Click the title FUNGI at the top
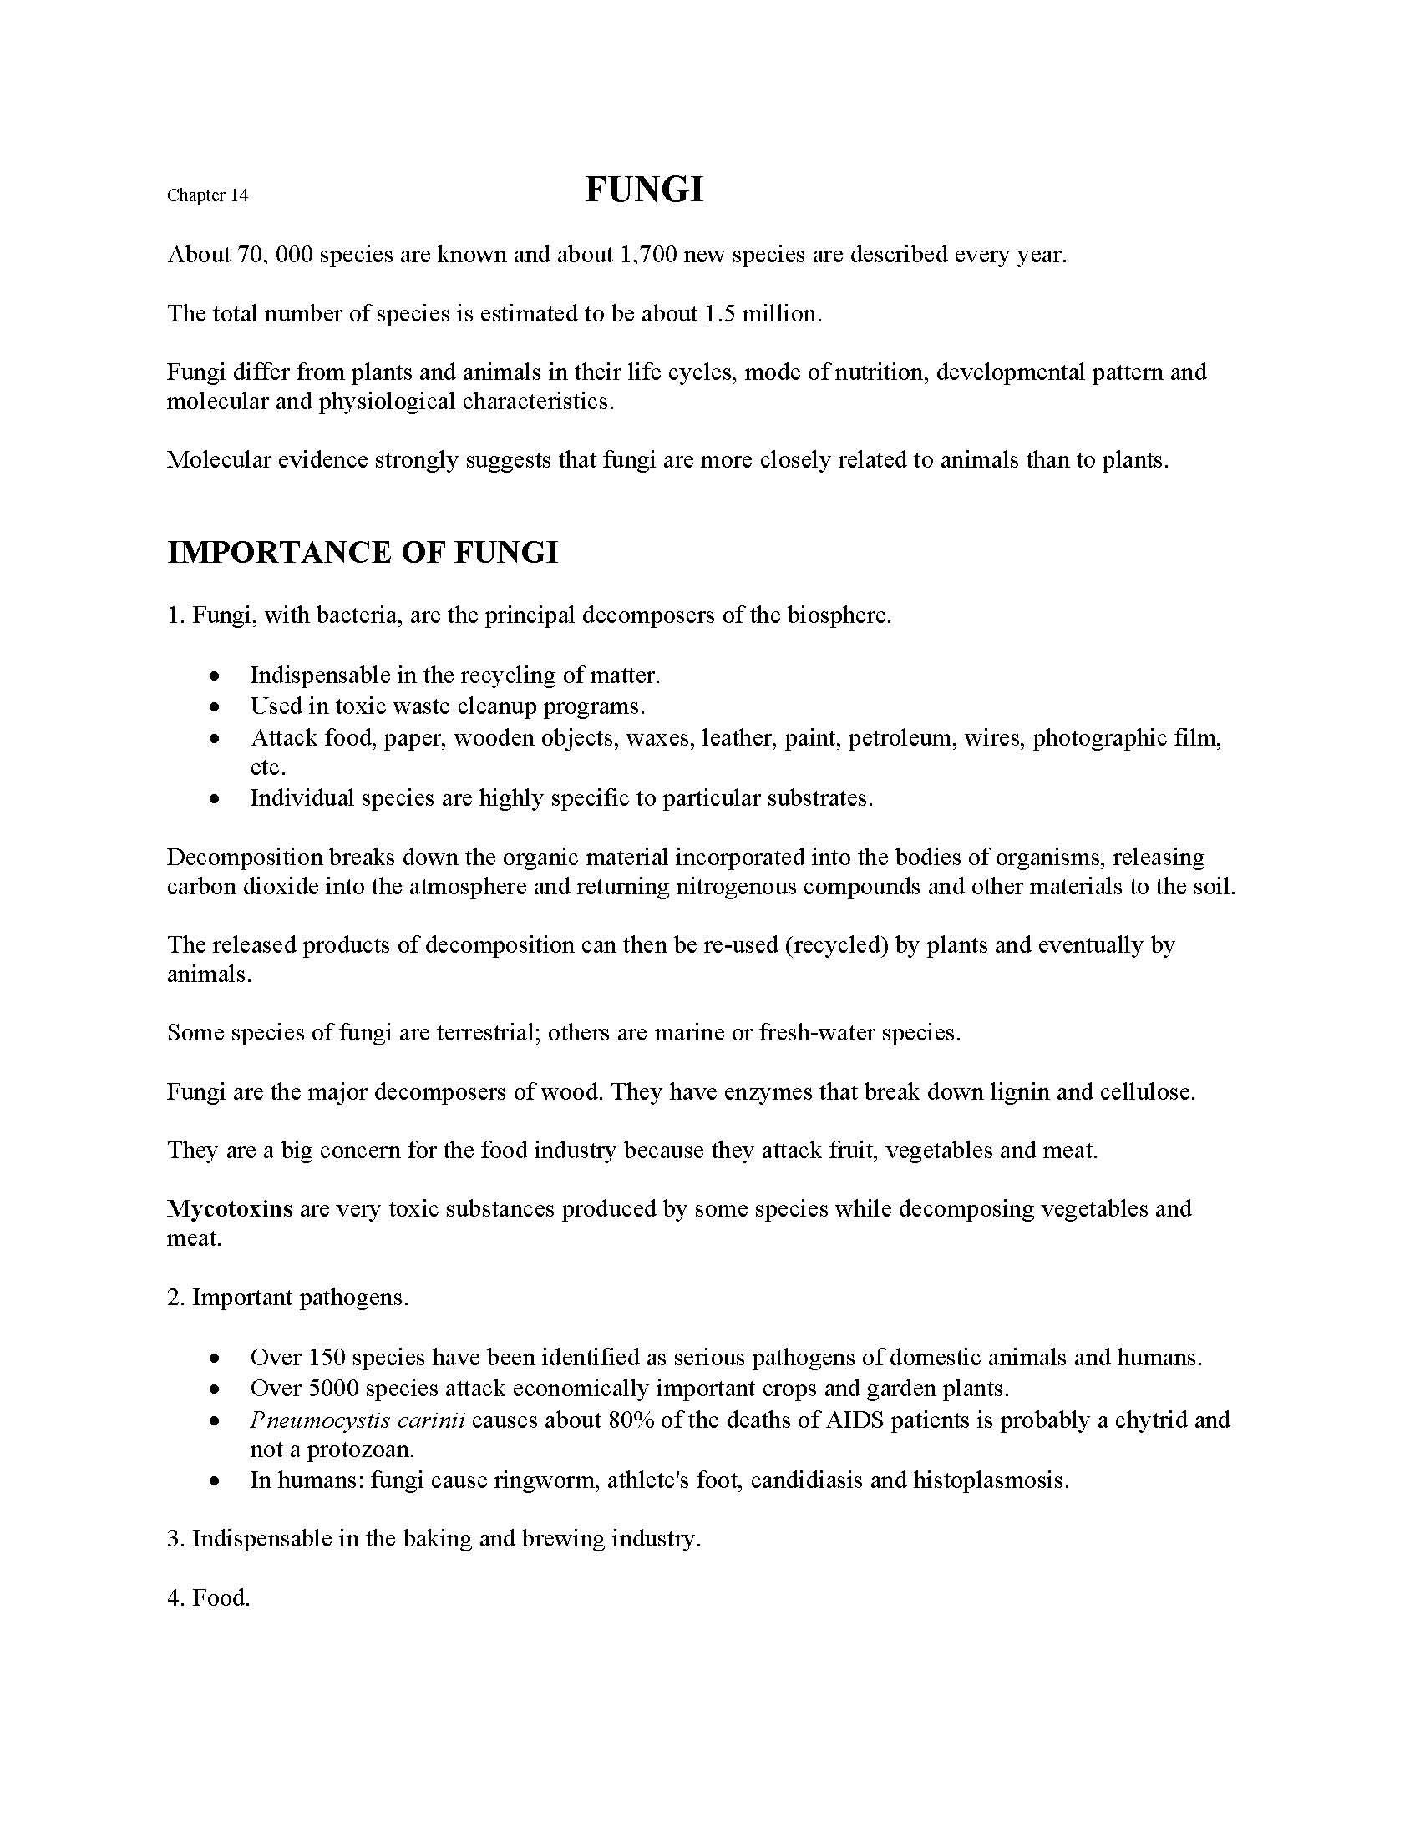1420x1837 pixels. [643, 190]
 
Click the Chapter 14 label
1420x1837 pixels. [207, 196]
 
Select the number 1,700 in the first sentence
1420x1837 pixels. [647, 254]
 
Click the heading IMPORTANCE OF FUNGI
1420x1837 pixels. [363, 553]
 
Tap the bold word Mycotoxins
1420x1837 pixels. [230, 1209]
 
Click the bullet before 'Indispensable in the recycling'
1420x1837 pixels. [216, 676]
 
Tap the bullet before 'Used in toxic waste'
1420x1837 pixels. [216, 706]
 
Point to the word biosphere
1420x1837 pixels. [839, 615]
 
